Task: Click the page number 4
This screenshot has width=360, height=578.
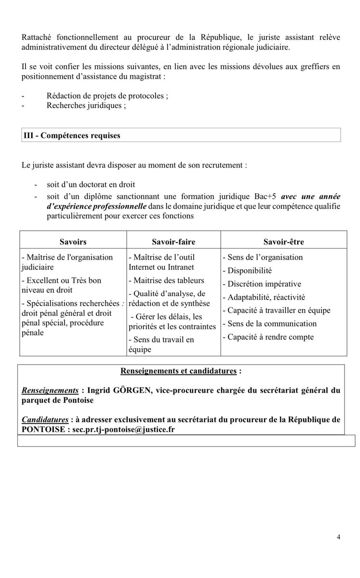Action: tap(339, 538)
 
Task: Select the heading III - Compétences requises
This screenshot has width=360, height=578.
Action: tap(72, 135)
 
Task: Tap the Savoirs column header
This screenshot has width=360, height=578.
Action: tap(73, 241)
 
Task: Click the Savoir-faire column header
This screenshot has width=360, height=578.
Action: tap(173, 241)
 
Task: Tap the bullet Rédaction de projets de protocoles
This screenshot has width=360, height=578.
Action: tap(107, 95)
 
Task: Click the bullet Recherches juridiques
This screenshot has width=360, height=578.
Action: tap(86, 106)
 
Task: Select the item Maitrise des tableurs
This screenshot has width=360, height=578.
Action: tap(166, 280)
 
